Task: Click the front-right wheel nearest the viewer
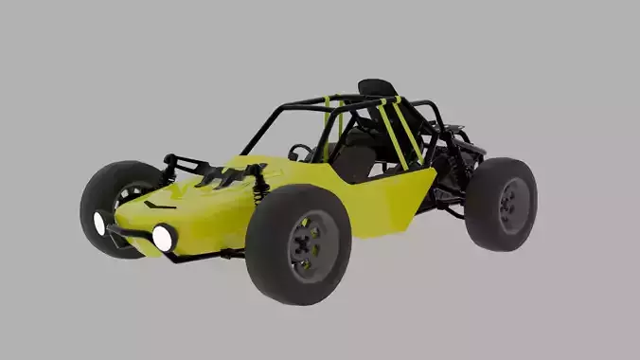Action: [x=298, y=243]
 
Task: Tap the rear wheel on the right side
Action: [x=501, y=203]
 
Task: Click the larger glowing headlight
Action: [x=163, y=237]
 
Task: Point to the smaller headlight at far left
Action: [x=99, y=224]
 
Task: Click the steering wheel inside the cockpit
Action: [x=300, y=153]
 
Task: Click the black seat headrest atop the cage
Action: [x=377, y=88]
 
